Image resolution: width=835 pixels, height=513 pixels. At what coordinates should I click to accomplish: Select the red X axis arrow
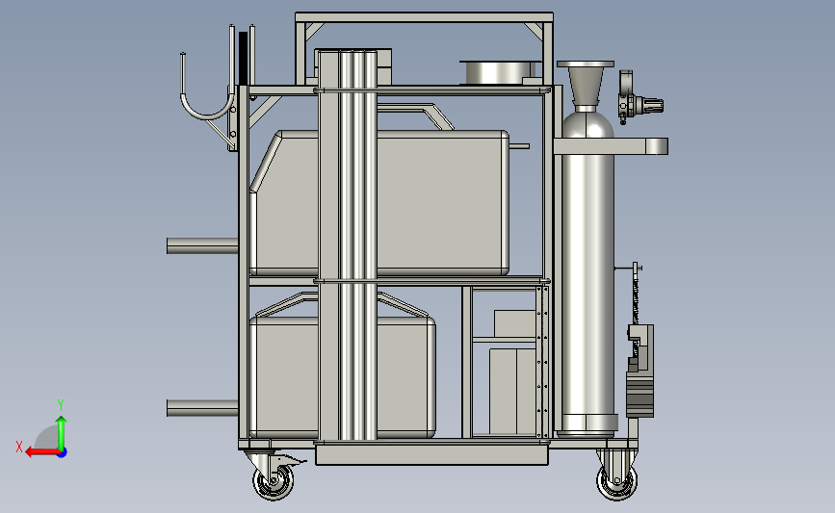pyautogui.click(x=41, y=452)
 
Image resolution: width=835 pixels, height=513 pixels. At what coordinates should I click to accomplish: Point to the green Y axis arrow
pyautogui.click(x=62, y=433)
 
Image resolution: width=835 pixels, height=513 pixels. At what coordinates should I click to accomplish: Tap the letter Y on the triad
pyautogui.click(x=61, y=405)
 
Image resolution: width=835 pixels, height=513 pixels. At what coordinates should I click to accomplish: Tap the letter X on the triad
pyautogui.click(x=19, y=447)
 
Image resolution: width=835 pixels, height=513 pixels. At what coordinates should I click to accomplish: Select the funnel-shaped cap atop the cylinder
pyautogui.click(x=586, y=84)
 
